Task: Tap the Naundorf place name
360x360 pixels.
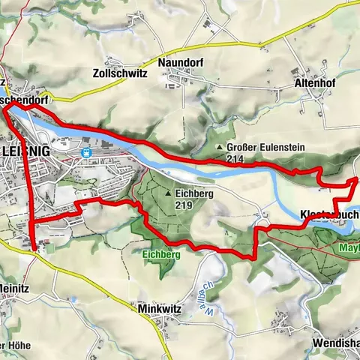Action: point(178,64)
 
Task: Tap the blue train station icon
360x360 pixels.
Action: point(87,152)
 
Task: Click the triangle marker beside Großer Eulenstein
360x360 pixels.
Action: point(219,148)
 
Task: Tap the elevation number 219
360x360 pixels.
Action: point(184,204)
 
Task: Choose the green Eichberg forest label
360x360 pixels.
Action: point(159,254)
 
